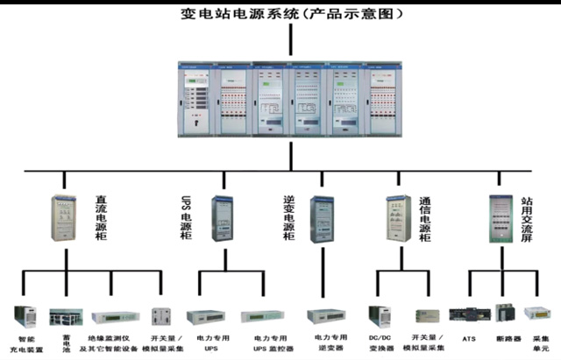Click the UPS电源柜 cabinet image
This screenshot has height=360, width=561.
pyautogui.click(x=220, y=219)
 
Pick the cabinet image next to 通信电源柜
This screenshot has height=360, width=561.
pyautogui.click(x=394, y=219)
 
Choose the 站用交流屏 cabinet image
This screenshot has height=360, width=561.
pyautogui.click(x=501, y=219)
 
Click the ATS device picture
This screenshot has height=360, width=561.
pyautogui.click(x=464, y=313)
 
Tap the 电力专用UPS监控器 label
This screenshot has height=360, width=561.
pyautogui.click(x=271, y=342)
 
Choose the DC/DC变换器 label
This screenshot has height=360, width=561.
pyautogui.click(x=380, y=342)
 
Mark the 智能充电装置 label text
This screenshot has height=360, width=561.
pyautogui.click(x=25, y=342)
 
